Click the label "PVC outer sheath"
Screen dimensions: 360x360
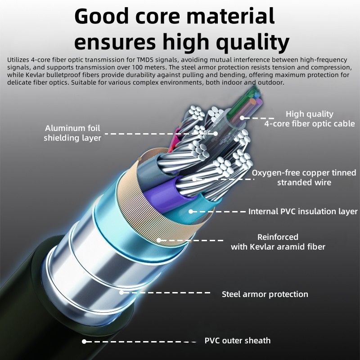(x=238, y=341)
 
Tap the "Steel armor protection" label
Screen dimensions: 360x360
(x=265, y=294)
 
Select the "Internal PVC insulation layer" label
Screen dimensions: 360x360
(x=302, y=211)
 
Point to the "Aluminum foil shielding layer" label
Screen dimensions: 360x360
(x=72, y=133)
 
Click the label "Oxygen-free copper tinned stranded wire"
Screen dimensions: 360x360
(x=304, y=177)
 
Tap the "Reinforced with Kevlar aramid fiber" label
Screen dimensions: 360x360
(x=278, y=242)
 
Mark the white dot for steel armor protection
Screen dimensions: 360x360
(x=121, y=292)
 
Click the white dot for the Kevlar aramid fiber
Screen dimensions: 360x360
(x=159, y=240)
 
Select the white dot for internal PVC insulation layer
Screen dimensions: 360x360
(x=191, y=211)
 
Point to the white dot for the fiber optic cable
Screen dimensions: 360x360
(x=242, y=118)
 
